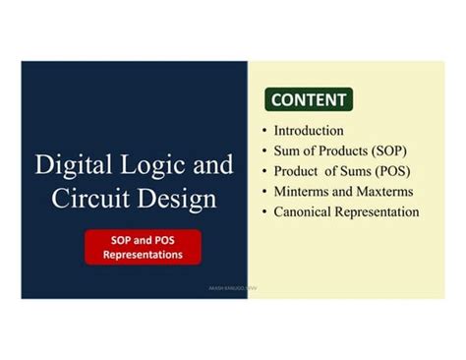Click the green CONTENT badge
(x=309, y=99)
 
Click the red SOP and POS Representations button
(x=143, y=247)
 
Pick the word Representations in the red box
(x=143, y=255)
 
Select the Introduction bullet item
(x=309, y=131)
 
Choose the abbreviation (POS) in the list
(x=388, y=171)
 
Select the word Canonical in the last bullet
(x=306, y=212)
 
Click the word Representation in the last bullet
(x=380, y=212)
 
